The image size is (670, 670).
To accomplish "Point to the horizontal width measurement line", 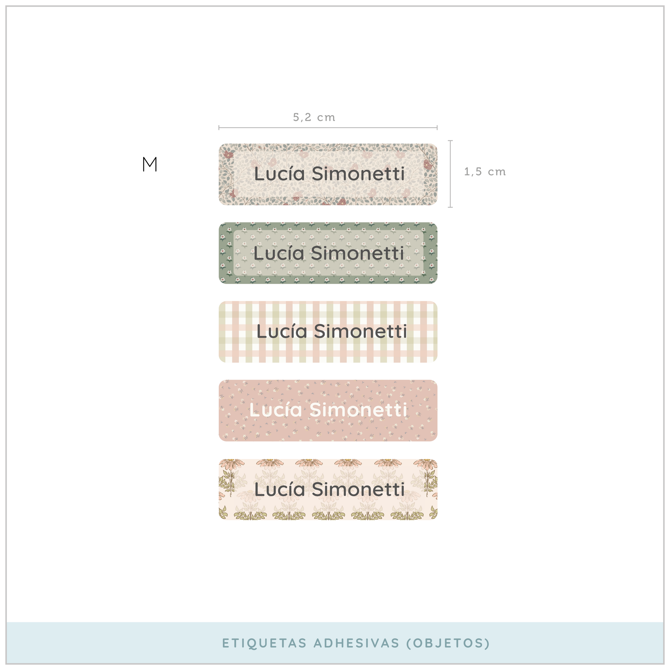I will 328,128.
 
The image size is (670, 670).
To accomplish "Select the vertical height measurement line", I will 450,173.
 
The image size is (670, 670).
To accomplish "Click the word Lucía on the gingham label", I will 282,331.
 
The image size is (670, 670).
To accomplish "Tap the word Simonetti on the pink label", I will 358,410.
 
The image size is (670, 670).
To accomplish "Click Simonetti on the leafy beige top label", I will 358,174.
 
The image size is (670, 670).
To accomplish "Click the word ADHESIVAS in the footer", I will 357,643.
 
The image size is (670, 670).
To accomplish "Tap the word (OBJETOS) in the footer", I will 448,643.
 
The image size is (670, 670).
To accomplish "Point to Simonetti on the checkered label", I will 360,331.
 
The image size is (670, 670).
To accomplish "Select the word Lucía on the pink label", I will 276,410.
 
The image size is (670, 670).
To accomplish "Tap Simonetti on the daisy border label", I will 358,489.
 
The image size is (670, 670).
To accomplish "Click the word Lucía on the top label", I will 279,174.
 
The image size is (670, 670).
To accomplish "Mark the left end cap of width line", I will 219,128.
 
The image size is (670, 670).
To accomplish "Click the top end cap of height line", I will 450,140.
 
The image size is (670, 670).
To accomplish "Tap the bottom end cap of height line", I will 450,207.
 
